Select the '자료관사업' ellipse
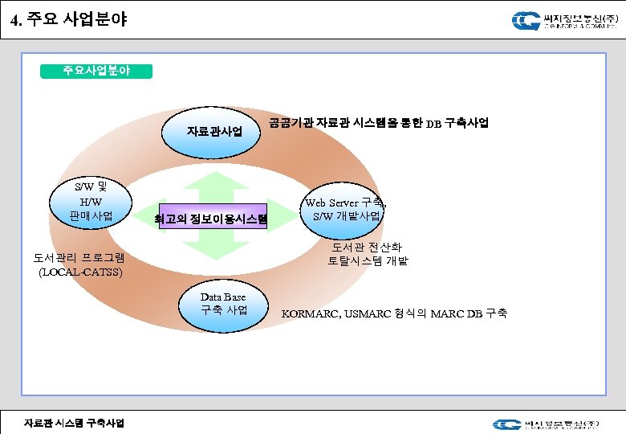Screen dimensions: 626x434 [214, 131]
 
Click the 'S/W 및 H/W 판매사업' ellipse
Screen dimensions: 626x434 [91, 202]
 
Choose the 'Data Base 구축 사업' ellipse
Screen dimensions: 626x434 [224, 304]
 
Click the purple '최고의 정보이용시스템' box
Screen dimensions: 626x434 [213, 217]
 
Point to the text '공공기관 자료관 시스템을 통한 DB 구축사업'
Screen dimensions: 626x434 [379, 123]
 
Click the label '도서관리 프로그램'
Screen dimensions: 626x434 [79, 259]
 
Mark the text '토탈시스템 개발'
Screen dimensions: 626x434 [368, 260]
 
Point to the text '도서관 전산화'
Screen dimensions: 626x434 [368, 247]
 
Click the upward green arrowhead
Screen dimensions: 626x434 [213, 178]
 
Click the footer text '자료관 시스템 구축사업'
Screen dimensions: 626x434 [74, 423]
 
